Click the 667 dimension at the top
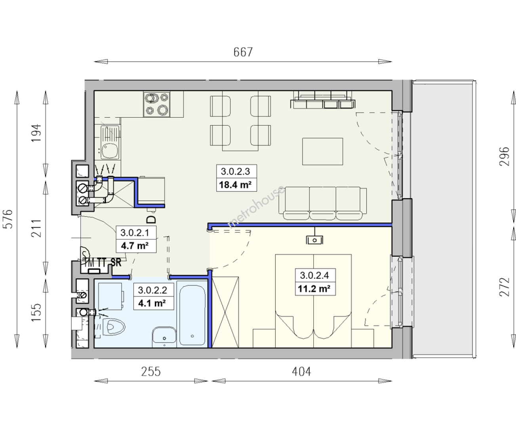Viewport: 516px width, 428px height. pos(243,52)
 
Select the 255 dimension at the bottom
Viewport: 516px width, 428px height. pos(151,372)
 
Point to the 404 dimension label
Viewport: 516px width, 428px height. pos(301,372)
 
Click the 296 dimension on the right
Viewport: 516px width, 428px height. pos(505,157)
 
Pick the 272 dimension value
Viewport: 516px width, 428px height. pos(505,287)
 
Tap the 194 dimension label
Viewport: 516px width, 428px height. pos(36,133)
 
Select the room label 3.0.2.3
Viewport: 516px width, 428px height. pos(236,171)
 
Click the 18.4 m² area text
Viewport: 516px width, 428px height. pos(236,185)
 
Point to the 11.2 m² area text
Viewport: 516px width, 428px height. pos(314,289)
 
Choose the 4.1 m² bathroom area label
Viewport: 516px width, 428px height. pos(152,303)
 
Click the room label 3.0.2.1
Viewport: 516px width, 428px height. pos(135,233)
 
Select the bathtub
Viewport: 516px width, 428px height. pos(192,315)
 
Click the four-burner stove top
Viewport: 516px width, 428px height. pos(157,104)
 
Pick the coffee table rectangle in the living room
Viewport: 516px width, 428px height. pos(322,151)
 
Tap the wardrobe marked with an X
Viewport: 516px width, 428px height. pos(225,312)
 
